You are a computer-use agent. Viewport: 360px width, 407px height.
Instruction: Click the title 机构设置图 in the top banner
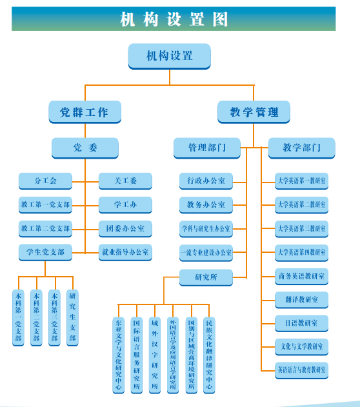point(174,19)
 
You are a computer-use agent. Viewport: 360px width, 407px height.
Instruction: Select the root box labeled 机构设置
point(169,56)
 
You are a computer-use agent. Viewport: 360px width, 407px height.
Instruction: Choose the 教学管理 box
point(254,112)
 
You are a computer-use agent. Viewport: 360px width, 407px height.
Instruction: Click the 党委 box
point(85,148)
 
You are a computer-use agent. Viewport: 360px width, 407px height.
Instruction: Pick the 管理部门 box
point(206,148)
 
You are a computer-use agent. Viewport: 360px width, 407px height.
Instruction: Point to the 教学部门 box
point(301,148)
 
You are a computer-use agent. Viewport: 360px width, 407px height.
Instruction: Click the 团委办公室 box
point(125,228)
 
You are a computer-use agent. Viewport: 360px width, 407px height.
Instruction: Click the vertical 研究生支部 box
point(72,318)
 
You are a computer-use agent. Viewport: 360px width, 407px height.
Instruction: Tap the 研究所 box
point(206,277)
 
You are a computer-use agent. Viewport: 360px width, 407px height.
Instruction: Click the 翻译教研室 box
point(301,300)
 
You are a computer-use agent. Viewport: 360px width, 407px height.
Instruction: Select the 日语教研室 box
point(301,323)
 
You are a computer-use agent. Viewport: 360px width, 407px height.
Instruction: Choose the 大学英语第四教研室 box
point(301,252)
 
